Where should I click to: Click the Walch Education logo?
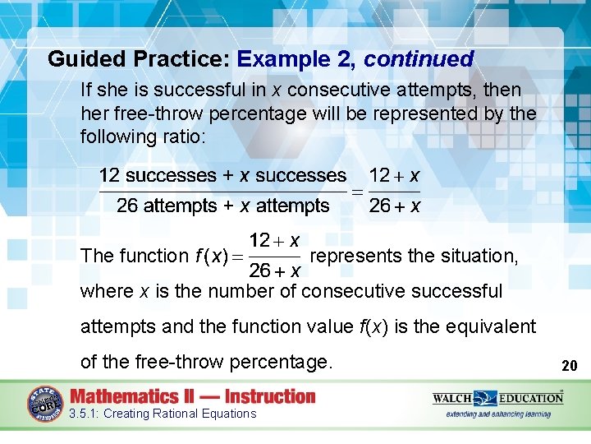(498, 399)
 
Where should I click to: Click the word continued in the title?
(419, 59)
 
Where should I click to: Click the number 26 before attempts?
(127, 206)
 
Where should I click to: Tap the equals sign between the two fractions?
(358, 191)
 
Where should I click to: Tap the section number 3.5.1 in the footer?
(84, 414)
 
